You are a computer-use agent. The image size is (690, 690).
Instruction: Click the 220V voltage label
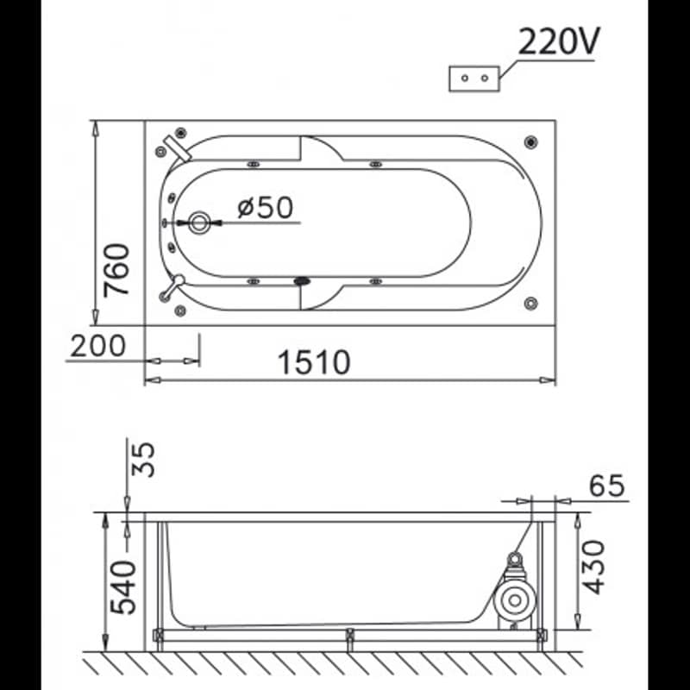pyautogui.click(x=559, y=41)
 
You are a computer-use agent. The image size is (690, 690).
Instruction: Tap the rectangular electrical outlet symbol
pyautogui.click(x=474, y=79)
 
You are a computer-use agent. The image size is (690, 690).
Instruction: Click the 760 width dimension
pyautogui.click(x=116, y=270)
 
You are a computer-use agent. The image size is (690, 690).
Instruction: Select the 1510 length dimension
pyautogui.click(x=314, y=362)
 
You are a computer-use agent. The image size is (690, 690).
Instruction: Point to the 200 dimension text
pyautogui.click(x=97, y=346)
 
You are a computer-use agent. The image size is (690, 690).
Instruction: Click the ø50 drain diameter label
pyautogui.click(x=266, y=207)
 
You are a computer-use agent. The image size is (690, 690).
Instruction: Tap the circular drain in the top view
pyautogui.click(x=199, y=223)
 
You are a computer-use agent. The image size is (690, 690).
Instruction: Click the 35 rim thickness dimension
pyautogui.click(x=143, y=460)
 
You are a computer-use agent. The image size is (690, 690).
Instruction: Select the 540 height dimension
pyautogui.click(x=123, y=587)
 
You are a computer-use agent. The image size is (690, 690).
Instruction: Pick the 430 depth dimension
pyautogui.click(x=593, y=568)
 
